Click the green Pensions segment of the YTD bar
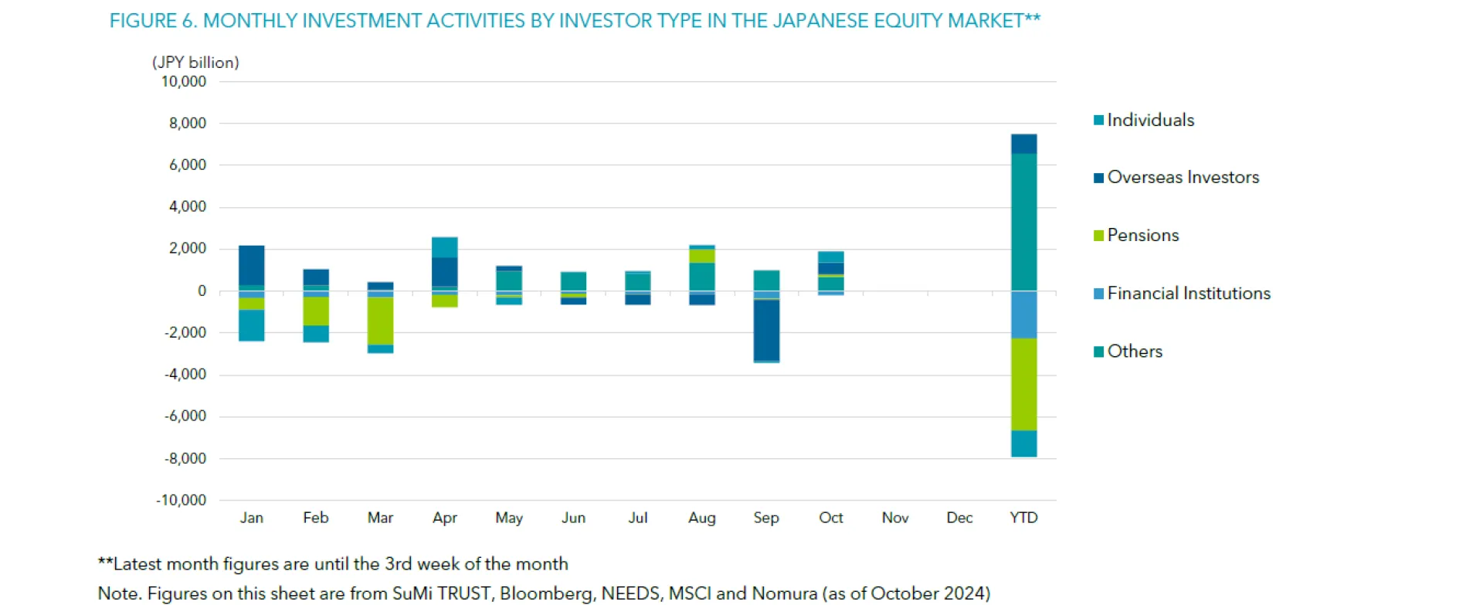1023,384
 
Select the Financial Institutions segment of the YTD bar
1023,314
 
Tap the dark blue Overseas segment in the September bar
766,330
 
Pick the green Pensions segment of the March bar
380,321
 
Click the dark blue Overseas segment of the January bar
252,265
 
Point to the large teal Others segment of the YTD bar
1023,222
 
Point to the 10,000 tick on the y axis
184,81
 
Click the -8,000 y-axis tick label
185,458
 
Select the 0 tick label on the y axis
202,291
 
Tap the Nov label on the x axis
895,518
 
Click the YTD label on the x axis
1023,518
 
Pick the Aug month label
702,518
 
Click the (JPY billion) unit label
195,62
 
